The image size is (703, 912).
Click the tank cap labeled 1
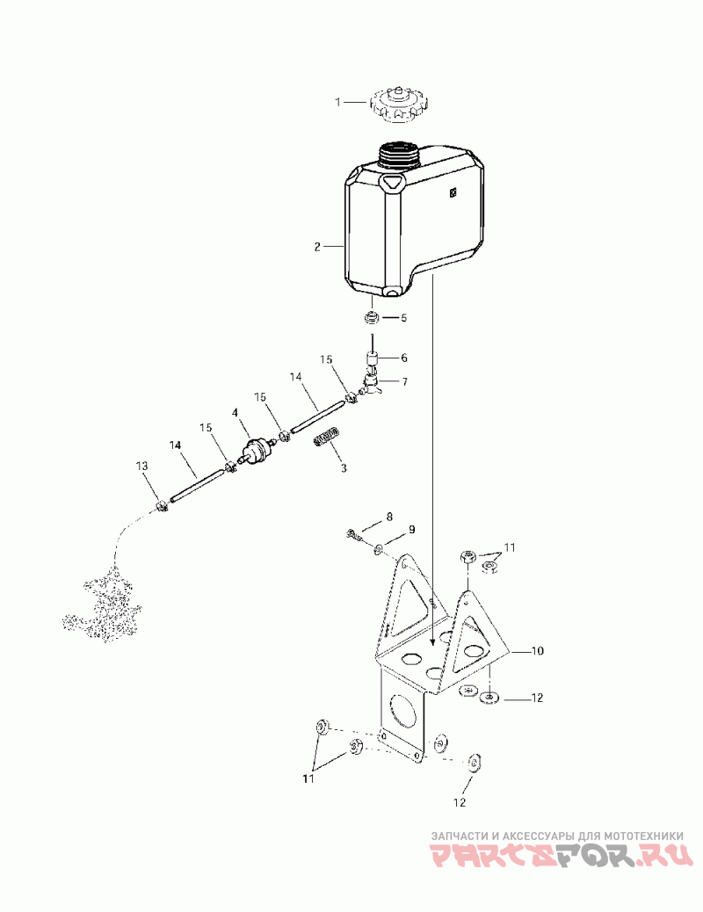coord(398,104)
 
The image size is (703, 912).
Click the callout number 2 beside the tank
coord(317,247)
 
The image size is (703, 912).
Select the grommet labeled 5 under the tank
coord(373,316)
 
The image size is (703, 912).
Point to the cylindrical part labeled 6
coord(373,359)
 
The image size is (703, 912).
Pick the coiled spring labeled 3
coord(327,437)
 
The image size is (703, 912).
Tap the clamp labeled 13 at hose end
coord(162,507)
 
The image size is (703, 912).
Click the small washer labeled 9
coord(379,549)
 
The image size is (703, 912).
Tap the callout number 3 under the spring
coord(344,468)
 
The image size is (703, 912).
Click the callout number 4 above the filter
coord(235,412)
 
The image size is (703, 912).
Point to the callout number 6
coord(404,358)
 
